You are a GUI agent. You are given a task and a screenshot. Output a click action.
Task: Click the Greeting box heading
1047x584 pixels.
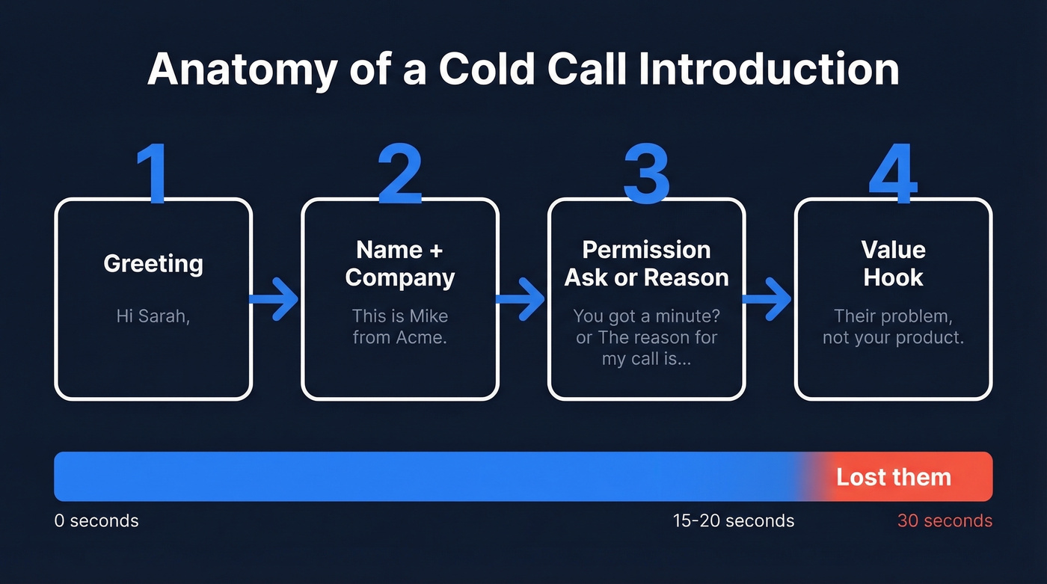[x=153, y=263]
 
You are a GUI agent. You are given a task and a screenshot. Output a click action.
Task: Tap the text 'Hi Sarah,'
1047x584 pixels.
[x=153, y=316]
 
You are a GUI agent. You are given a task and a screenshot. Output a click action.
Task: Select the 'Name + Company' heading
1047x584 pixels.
[x=400, y=263]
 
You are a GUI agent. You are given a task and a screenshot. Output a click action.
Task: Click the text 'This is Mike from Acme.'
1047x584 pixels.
[x=400, y=326]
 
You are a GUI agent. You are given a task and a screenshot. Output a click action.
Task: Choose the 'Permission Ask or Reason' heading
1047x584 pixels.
[x=646, y=263]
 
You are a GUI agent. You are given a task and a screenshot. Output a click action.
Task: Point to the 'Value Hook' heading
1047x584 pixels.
[x=893, y=263]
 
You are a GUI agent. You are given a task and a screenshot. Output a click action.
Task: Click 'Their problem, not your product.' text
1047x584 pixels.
[x=893, y=326]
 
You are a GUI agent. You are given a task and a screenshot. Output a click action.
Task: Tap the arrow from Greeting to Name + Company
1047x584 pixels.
[x=275, y=299]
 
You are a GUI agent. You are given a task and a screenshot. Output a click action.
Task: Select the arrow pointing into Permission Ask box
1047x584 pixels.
[x=522, y=299]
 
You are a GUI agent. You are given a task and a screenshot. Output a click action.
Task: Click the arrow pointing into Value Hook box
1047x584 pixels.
[x=768, y=299]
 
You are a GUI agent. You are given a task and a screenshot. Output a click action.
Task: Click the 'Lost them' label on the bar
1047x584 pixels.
[x=893, y=477]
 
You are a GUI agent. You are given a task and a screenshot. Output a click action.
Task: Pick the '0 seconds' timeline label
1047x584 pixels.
[x=96, y=520]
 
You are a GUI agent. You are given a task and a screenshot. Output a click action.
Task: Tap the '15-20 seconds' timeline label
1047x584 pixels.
[x=734, y=520]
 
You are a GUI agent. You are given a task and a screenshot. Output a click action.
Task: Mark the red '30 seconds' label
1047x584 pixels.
[x=945, y=520]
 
